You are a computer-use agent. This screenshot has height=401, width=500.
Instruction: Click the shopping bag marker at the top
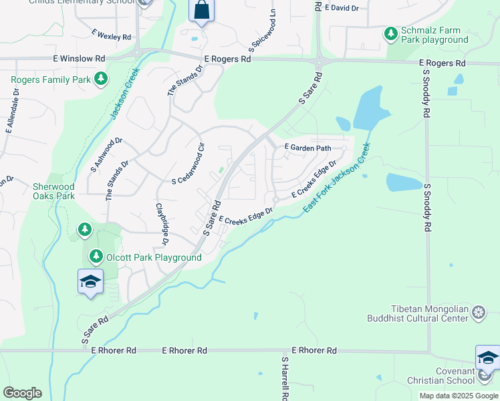pyautogui.click(x=201, y=11)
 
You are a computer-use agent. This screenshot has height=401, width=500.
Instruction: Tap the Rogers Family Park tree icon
pyautogui.click(x=101, y=80)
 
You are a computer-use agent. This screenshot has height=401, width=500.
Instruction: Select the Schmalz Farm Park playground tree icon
pyautogui.click(x=390, y=33)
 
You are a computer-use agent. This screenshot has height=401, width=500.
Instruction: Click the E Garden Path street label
pyautogui.click(x=308, y=147)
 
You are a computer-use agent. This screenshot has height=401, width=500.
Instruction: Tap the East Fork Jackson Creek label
pyautogui.click(x=336, y=178)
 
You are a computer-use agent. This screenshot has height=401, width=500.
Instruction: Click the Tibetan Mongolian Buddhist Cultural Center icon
pyautogui.click(x=479, y=312)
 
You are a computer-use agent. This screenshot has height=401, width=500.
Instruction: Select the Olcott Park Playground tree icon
pyautogui.click(x=96, y=257)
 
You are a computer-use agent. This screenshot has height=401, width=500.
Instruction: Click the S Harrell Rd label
pyautogui.click(x=285, y=378)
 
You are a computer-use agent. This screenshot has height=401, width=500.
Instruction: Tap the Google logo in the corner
pyautogui.click(x=22, y=393)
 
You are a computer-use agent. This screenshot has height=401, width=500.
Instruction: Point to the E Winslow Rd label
pyautogui.click(x=79, y=59)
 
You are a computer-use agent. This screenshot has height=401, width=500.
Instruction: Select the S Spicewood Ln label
pyautogui.click(x=262, y=31)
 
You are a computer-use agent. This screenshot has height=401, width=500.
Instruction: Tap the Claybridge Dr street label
pyautogui.click(x=160, y=224)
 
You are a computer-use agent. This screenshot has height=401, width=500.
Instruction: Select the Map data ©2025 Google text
pyautogui.click(x=458, y=396)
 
